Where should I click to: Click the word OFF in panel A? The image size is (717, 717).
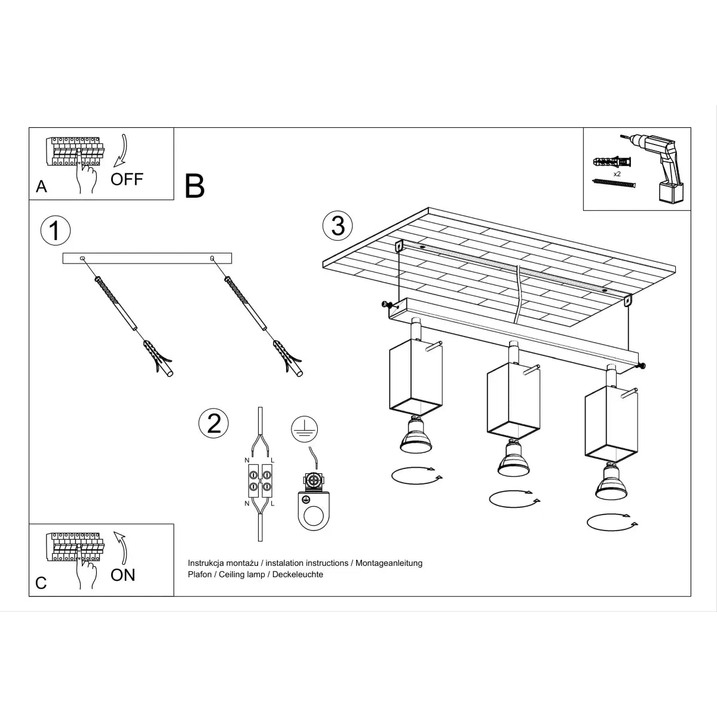127,179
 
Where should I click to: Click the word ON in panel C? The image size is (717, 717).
123,575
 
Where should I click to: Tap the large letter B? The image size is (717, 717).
195,186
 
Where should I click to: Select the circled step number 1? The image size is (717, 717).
55,231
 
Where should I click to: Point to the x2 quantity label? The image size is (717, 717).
617,173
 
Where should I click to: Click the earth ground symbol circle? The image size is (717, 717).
305,429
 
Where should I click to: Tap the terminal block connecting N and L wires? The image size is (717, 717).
260,482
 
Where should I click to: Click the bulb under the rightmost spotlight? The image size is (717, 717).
611,483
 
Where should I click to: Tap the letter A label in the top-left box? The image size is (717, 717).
41,186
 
